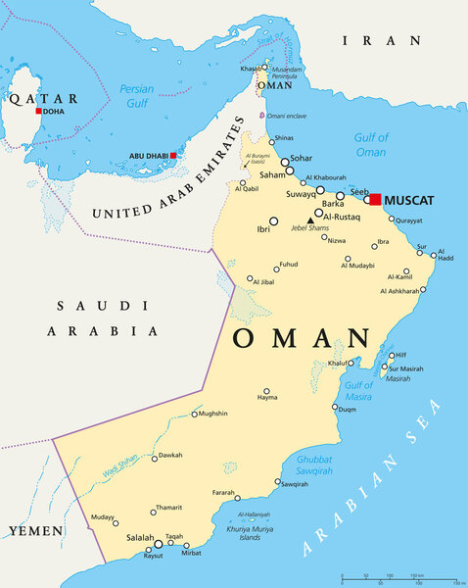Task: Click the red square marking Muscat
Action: point(375,199)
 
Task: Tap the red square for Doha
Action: point(39,111)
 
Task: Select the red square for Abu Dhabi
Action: point(173,155)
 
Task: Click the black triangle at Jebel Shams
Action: point(311,219)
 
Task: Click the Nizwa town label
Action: point(336,240)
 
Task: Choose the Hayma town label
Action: point(266,398)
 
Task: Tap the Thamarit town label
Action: point(170,506)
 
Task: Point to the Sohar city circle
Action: point(285,163)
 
